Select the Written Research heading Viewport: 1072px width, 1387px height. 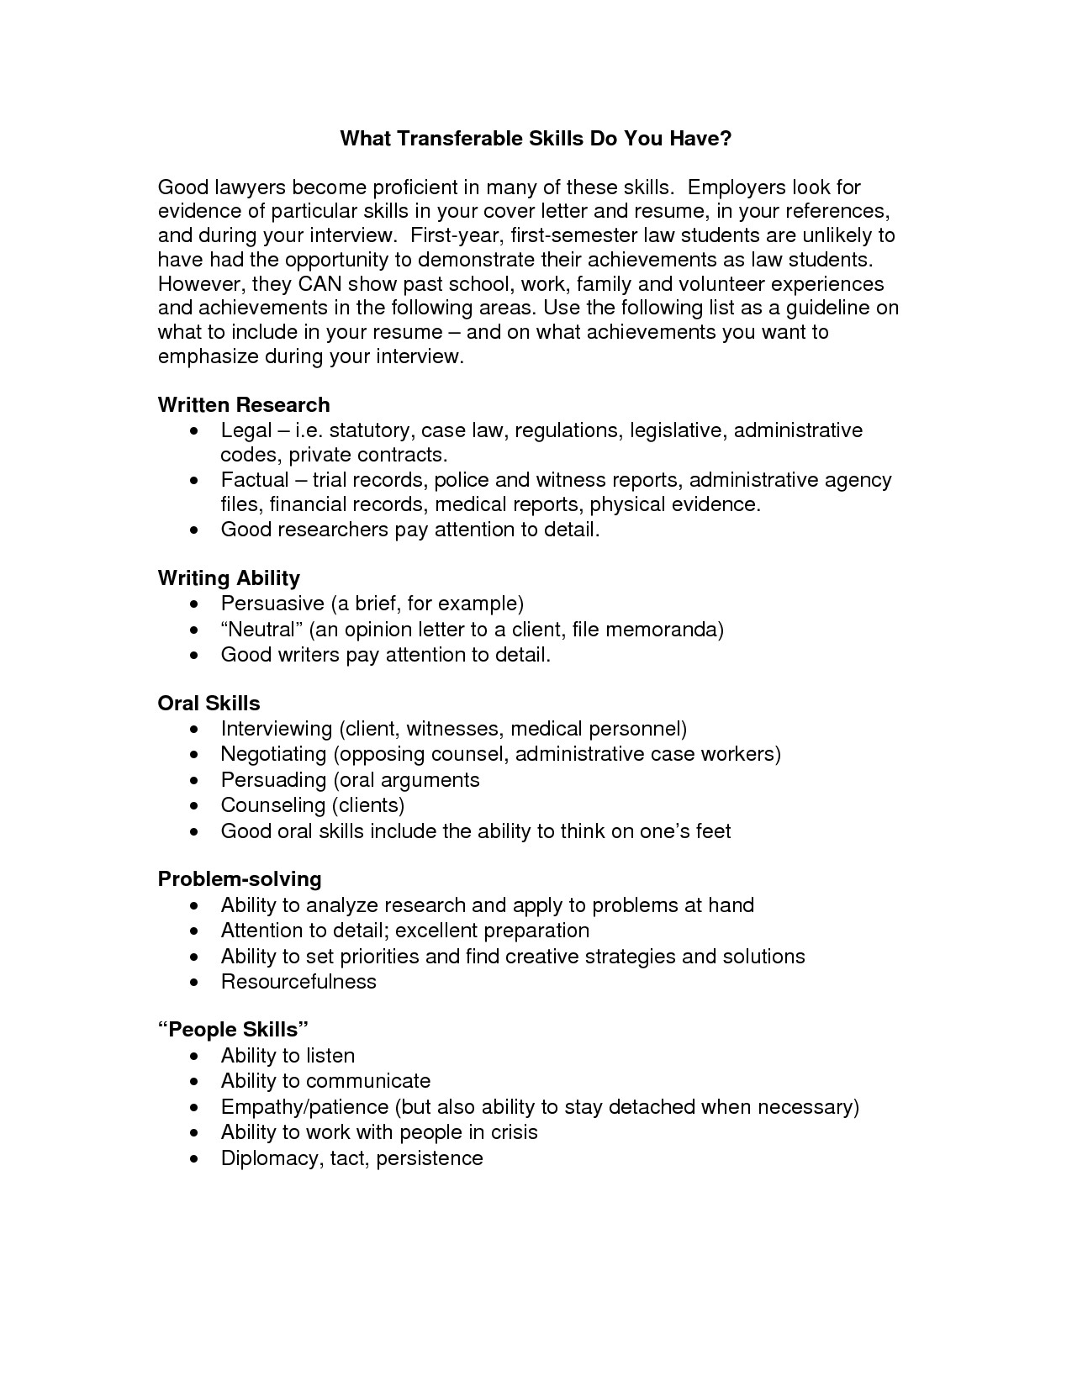[x=244, y=405]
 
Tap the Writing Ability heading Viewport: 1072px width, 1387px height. [x=229, y=578]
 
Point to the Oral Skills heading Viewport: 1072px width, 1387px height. [x=209, y=704]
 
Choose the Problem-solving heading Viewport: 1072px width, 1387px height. [x=240, y=879]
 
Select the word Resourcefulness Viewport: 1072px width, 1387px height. [x=298, y=982]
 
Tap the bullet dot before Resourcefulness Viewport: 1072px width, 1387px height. [x=195, y=983]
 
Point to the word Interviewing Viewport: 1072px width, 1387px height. [x=277, y=729]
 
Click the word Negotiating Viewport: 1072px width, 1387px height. [x=273, y=754]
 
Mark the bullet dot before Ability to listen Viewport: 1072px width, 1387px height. [x=195, y=1057]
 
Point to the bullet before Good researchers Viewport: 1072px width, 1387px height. [x=195, y=530]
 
